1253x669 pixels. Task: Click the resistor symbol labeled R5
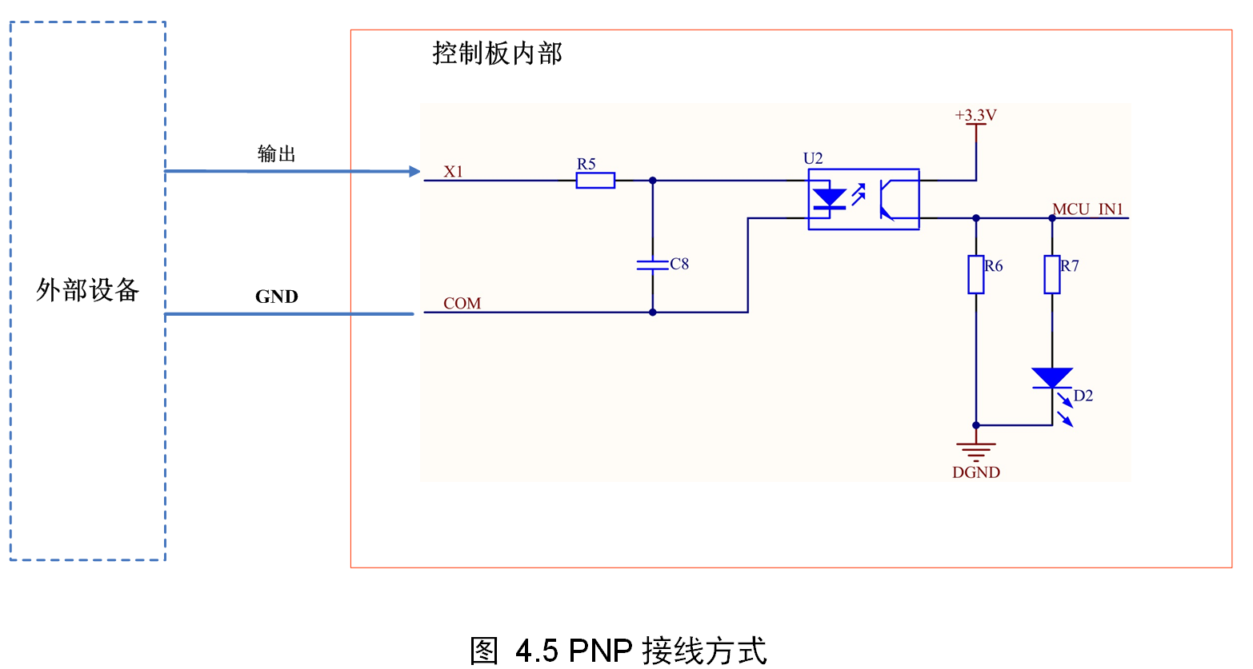click(595, 181)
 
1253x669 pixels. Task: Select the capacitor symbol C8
click(652, 265)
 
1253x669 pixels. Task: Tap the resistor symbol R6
click(975, 274)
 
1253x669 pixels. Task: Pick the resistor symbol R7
click(1052, 274)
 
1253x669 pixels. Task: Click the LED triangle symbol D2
click(1052, 378)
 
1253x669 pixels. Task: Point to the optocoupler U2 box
click(863, 199)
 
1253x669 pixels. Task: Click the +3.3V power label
click(975, 116)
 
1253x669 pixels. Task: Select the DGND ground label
click(975, 472)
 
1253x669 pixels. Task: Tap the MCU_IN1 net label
click(1087, 209)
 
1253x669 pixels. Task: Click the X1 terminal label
click(454, 172)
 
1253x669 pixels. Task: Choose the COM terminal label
click(462, 304)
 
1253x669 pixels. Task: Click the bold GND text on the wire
click(277, 297)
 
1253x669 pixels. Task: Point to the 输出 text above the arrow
click(277, 153)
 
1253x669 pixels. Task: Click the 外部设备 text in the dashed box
click(87, 289)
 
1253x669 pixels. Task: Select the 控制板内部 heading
click(497, 54)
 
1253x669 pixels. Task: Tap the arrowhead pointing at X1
click(414, 171)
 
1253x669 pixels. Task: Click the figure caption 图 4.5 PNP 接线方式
click(618, 651)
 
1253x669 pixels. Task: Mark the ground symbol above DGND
click(975, 449)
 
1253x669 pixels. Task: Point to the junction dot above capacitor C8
click(652, 181)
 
